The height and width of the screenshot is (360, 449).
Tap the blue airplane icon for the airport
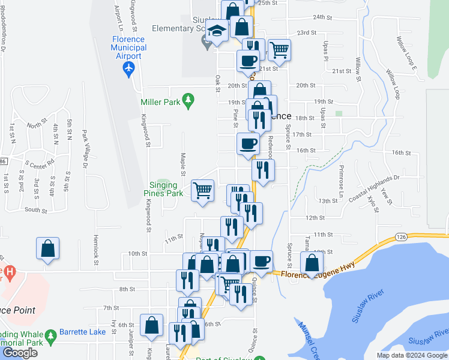(128, 69)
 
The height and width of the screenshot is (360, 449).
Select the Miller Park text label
(160, 103)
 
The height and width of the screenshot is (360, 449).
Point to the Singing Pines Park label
(163, 190)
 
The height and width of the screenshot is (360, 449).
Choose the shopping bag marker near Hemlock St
(47, 248)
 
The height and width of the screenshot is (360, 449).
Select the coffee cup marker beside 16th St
(248, 144)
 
